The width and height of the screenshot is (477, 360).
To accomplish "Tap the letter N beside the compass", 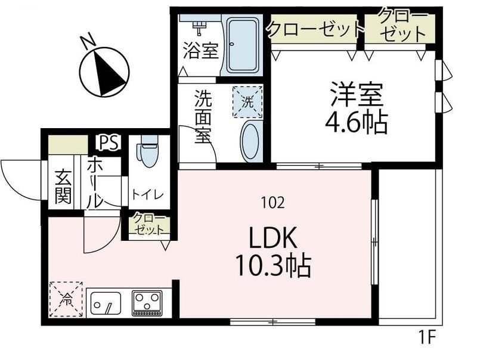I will coord(88,42).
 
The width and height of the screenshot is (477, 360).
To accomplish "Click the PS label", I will coord(109,143).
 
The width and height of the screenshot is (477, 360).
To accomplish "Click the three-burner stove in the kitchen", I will coord(147,303).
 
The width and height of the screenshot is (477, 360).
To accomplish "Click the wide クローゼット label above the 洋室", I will coord(315,28).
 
